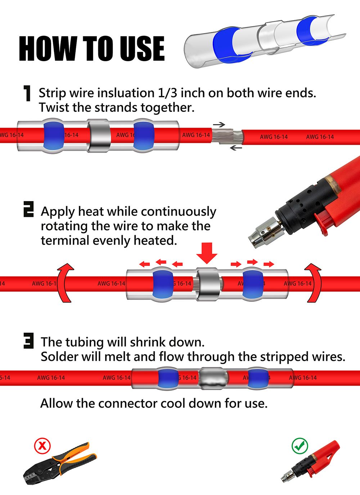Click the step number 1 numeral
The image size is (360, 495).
(27, 94)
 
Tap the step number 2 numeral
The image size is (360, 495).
(28, 209)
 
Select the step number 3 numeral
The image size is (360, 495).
(28, 341)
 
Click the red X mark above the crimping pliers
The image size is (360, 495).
(42, 446)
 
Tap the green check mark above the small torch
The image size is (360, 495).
(300, 446)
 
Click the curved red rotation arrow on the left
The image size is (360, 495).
(65, 283)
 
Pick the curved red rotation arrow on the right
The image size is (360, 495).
(313, 283)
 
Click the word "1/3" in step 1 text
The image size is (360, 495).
(167, 93)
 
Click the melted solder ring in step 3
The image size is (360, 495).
(213, 378)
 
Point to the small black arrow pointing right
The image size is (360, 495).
(219, 124)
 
